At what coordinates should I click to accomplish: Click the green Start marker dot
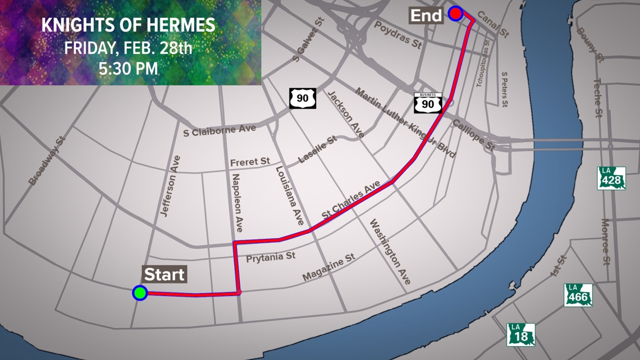pos(140,293)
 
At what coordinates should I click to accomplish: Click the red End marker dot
pos(455,13)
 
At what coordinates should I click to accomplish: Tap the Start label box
pos(164,275)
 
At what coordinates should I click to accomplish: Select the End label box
pos(426,15)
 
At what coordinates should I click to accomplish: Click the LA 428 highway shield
pos(612,178)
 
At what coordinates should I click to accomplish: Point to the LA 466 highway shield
pos(578,295)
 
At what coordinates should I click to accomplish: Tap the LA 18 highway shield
pos(521,334)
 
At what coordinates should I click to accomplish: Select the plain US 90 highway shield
pos(303,98)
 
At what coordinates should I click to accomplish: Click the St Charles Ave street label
pos(351,199)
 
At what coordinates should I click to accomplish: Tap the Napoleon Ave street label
pos(238,198)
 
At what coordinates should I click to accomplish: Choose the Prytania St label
pos(271,257)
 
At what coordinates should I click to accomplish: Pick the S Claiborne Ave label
pos(220,130)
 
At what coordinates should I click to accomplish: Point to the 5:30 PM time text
pos(128,69)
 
